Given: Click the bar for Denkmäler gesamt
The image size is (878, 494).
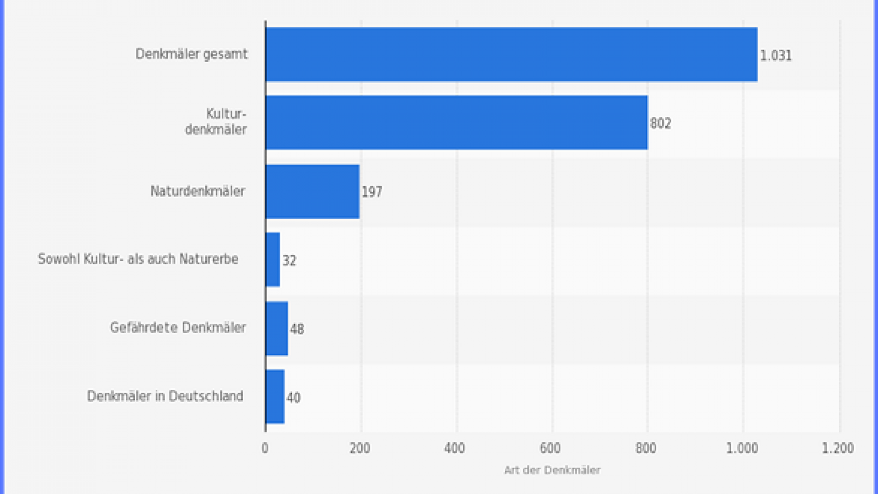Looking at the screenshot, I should point(511,54).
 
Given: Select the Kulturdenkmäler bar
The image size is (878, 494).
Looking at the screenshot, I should point(456,123).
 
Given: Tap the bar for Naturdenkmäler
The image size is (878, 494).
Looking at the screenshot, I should point(312,191).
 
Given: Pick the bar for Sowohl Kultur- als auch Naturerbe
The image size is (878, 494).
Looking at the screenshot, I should point(273,259).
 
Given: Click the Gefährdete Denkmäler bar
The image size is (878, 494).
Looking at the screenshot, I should point(277,328).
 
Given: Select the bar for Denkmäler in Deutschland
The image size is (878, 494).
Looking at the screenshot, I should point(275,397).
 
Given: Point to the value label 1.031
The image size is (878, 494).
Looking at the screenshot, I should point(776,56).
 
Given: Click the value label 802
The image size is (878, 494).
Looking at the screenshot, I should point(661,123).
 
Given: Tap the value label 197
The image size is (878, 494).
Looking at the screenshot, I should point(372,192).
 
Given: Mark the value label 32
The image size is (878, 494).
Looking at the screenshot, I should point(289,261).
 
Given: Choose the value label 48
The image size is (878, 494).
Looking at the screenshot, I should point(297,329).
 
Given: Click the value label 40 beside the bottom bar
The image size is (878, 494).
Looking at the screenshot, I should point(294,398).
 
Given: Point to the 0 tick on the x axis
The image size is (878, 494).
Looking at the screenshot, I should point(265,448).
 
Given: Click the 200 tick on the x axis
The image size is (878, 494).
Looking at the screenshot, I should point(360,448).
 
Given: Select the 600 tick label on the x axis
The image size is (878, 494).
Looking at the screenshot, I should point(550,448).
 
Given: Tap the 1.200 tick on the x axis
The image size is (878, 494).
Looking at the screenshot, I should point(838,448).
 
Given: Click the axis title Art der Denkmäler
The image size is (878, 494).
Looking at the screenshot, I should point(552,470).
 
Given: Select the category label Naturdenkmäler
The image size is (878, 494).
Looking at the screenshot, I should point(198,191).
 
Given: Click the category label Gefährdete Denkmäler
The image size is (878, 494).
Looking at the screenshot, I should point(178,328).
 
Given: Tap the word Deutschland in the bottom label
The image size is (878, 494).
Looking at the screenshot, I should point(205,396).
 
